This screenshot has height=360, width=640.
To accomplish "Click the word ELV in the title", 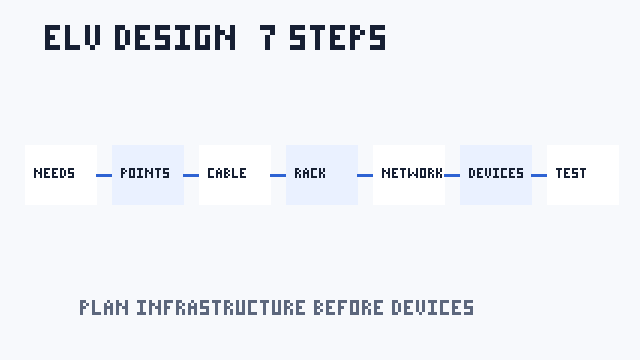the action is pyautogui.click(x=72, y=38).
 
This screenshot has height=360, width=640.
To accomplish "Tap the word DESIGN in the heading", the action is pyautogui.click(x=175, y=38).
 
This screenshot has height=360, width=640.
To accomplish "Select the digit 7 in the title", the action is pyautogui.click(x=267, y=38).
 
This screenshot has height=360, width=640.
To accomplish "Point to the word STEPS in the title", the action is pyautogui.click(x=338, y=38).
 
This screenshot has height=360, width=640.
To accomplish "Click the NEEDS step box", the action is pyautogui.click(x=61, y=175).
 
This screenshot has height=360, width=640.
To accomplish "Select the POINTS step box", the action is pyautogui.click(x=148, y=175).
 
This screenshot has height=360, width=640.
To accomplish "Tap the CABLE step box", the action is pyautogui.click(x=235, y=175).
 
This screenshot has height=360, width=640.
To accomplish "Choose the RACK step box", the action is pyautogui.click(x=322, y=175).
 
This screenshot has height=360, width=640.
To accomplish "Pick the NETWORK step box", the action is pyautogui.click(x=409, y=175).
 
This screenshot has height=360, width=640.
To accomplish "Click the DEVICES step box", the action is pyautogui.click(x=496, y=175).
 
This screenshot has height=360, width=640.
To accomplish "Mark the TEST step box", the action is pyautogui.click(x=583, y=175).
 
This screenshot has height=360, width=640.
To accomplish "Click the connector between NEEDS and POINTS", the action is pyautogui.click(x=104, y=176).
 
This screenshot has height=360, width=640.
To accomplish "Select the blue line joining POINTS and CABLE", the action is pyautogui.click(x=191, y=176).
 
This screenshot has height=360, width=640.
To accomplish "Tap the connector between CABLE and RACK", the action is pyautogui.click(x=278, y=176).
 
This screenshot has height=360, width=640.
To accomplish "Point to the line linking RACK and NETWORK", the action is pyautogui.click(x=365, y=176).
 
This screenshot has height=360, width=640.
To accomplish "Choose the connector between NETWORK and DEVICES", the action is pyautogui.click(x=452, y=176).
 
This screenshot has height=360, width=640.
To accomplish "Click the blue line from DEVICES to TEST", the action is pyautogui.click(x=539, y=176).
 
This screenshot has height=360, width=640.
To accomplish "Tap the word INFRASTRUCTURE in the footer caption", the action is pyautogui.click(x=221, y=308).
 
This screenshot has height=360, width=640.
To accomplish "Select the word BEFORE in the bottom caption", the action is pyautogui.click(x=349, y=308).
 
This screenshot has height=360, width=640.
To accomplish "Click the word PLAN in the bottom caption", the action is pyautogui.click(x=104, y=308).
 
